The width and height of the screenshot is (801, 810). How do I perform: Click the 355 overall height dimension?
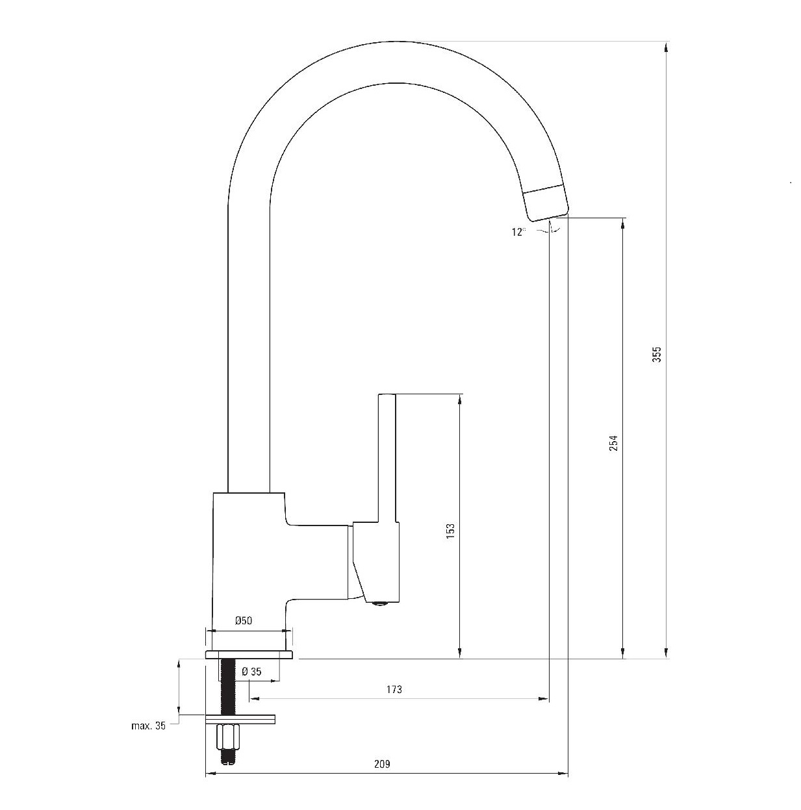(x=656, y=355)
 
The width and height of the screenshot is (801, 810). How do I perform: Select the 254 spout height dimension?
(x=614, y=442)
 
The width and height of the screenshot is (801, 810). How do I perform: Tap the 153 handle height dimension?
(x=450, y=531)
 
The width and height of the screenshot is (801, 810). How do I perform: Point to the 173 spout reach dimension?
(x=394, y=689)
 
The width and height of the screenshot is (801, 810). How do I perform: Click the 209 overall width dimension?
(x=382, y=764)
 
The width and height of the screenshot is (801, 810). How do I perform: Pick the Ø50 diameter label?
(x=244, y=620)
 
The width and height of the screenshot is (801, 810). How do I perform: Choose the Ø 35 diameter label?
(x=251, y=672)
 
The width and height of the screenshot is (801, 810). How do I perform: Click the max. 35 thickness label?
(x=148, y=725)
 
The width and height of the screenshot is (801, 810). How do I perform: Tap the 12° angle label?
(x=518, y=232)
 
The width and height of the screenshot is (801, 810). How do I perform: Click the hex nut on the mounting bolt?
(x=227, y=737)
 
